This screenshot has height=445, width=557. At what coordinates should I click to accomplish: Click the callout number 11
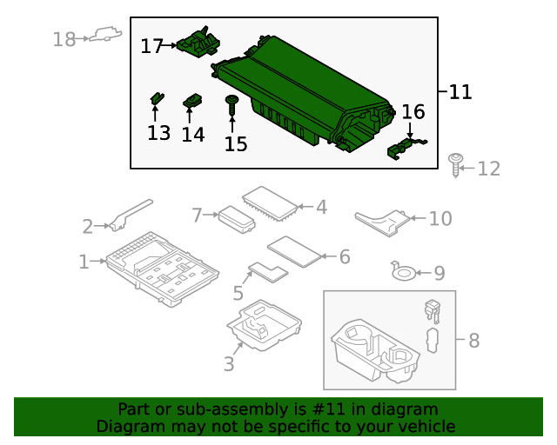[x=460, y=91]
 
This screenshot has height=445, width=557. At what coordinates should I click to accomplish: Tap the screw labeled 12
[x=454, y=163]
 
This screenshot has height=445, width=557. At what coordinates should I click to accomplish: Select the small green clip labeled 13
[x=156, y=98]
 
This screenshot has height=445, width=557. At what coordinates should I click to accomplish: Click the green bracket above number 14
[x=192, y=103]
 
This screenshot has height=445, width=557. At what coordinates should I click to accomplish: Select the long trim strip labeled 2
[x=131, y=213]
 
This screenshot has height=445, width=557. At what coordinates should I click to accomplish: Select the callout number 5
[x=238, y=294]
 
